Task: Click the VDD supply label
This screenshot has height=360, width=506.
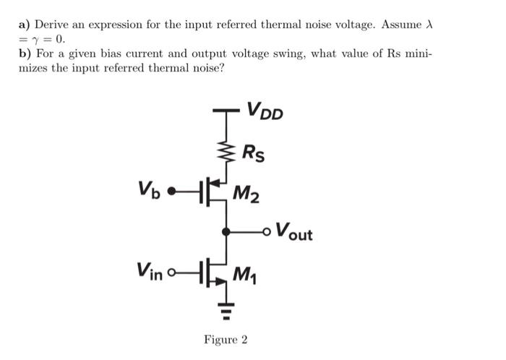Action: click(265, 111)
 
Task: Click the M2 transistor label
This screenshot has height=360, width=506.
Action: click(248, 194)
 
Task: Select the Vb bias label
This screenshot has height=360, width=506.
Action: click(149, 191)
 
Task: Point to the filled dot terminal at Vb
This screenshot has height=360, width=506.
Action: click(171, 192)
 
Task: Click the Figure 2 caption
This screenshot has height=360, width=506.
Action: click(226, 339)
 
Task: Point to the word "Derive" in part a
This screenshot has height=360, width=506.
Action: click(62, 25)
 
